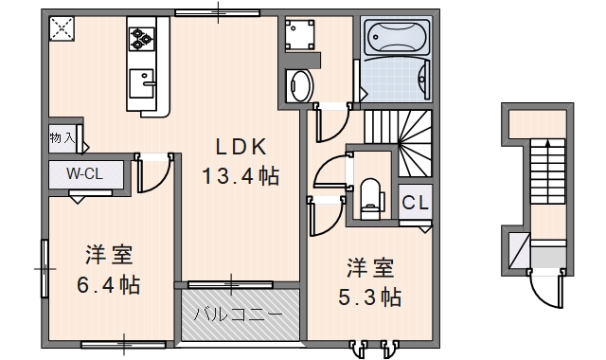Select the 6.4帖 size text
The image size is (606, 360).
[108, 284]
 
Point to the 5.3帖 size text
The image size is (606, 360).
[369, 297]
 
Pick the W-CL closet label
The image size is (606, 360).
[84, 174]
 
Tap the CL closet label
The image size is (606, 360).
[415, 202]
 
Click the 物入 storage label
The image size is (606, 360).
[62, 138]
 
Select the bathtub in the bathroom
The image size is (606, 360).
[396, 40]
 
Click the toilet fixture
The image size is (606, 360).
[370, 195]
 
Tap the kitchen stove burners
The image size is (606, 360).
[142, 38]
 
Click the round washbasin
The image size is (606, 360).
[300, 84]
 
